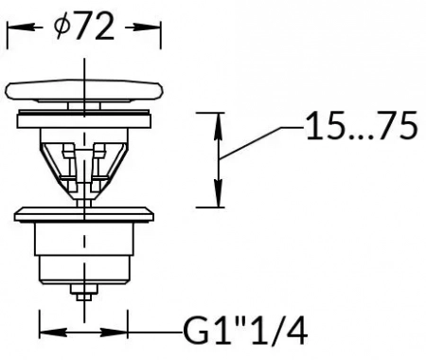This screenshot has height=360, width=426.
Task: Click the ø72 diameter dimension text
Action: tap(84, 27)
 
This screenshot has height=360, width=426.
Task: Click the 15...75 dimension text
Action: tap(362, 126)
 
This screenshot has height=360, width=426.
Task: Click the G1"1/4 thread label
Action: tap(245, 332)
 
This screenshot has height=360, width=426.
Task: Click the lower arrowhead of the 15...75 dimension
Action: tap(219, 192)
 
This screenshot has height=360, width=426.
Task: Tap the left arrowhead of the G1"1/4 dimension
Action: tap(52, 333)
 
